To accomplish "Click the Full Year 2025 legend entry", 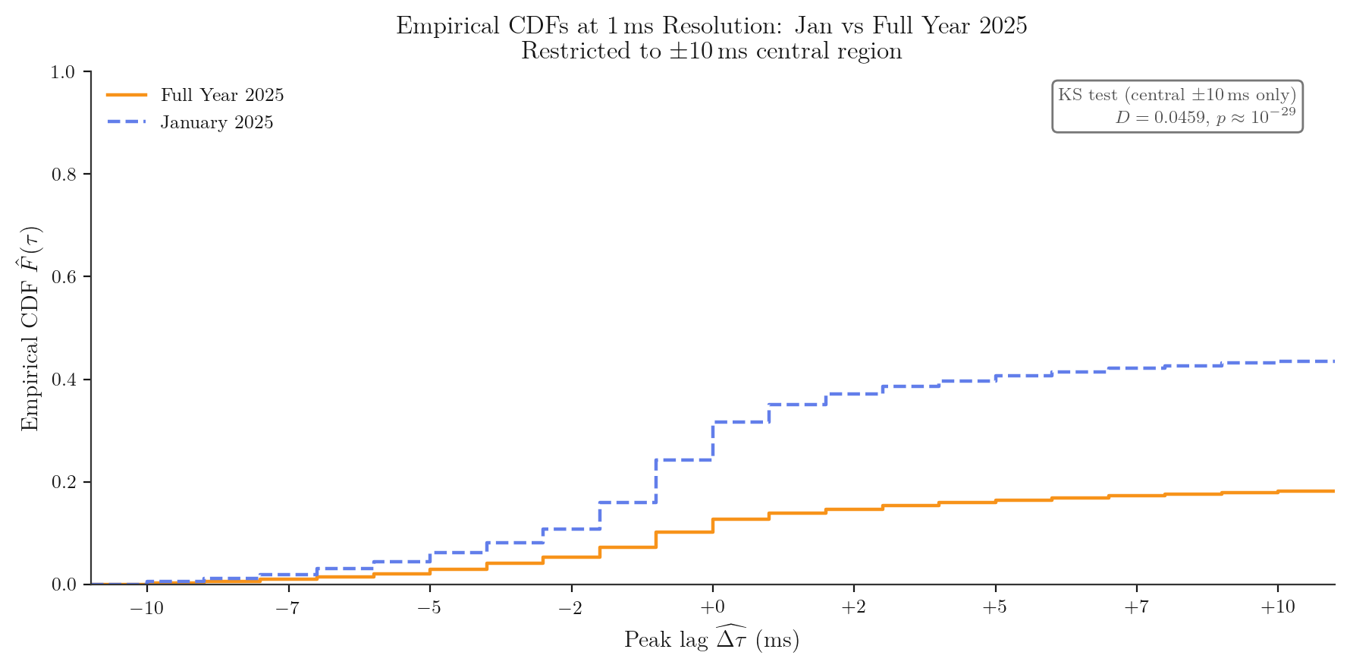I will tap(221, 96).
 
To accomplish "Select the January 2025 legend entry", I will tap(216, 123).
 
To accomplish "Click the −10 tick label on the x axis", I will tap(147, 608).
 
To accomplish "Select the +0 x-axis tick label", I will tap(712, 608).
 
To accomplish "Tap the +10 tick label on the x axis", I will tap(1278, 608).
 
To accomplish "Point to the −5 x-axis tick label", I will tap(429, 608).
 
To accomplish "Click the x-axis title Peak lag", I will tap(711, 639).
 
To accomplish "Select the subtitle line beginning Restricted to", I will tap(711, 52).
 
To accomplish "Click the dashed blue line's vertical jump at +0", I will tap(713, 441).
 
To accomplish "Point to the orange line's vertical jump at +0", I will tap(713, 525).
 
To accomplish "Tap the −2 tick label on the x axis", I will tap(571, 608).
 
